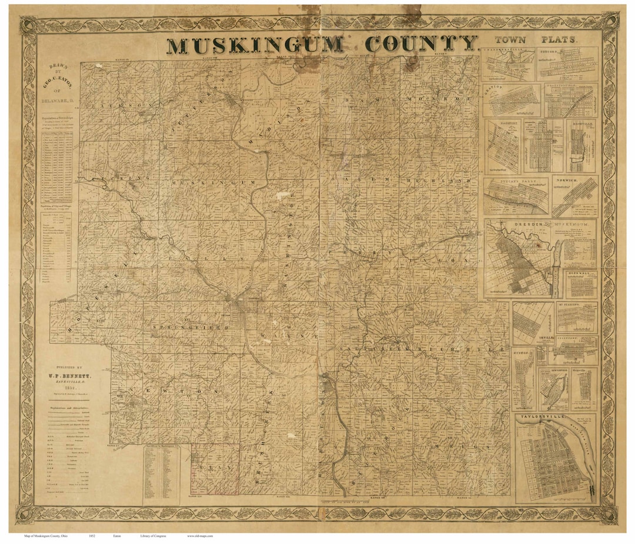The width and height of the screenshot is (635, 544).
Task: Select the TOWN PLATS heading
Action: pyautogui.click(x=535, y=41)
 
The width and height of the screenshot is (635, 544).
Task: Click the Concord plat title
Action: pyautogui.click(x=549, y=51)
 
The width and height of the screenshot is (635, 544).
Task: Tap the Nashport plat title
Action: pyautogui.click(x=497, y=123)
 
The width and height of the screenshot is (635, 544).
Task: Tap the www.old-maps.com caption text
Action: pyautogui.click(x=200, y=536)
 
